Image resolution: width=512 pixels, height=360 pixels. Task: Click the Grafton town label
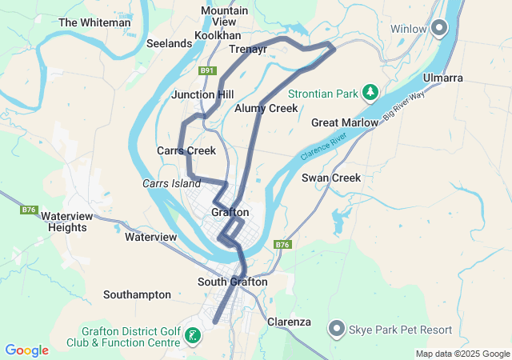point(230,212)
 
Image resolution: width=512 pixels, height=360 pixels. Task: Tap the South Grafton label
point(233,282)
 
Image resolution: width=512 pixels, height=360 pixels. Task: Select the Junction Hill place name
point(202,94)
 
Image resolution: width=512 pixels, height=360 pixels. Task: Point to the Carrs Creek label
point(186,150)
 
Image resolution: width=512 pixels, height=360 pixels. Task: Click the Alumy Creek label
point(266,108)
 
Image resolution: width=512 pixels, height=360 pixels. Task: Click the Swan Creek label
point(331,178)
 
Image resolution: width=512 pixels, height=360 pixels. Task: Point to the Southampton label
point(137,294)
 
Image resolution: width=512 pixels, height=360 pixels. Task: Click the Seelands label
point(169,43)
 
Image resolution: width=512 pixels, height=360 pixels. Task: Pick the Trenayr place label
point(248,49)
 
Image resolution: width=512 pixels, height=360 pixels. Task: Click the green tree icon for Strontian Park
point(370,94)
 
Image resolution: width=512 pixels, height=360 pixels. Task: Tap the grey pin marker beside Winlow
point(439,29)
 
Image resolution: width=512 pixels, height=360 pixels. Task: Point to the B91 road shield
point(208,70)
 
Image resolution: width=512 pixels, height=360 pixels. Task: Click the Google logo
point(26,350)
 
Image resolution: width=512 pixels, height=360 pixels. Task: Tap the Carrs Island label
point(171,183)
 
